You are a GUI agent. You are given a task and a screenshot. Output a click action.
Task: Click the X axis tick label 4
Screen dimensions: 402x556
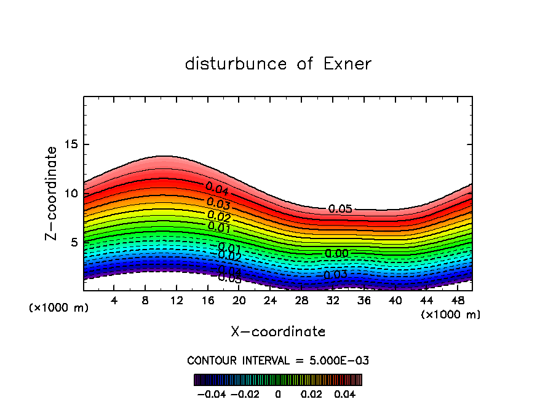114,301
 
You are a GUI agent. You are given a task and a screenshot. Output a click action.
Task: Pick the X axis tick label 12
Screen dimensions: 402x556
177,301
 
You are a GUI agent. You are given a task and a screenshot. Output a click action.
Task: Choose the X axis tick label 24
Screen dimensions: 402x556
270,301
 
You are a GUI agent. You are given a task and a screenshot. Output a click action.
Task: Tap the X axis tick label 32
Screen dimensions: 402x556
332,301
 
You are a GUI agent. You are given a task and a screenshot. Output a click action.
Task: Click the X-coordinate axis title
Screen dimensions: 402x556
278,332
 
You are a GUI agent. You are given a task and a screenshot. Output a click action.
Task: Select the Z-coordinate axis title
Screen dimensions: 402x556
52,193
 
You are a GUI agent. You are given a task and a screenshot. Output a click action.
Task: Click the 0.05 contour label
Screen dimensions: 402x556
340,209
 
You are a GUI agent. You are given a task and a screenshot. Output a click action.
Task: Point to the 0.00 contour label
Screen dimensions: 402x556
336,253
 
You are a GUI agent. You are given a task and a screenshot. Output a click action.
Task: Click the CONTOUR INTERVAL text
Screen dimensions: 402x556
278,360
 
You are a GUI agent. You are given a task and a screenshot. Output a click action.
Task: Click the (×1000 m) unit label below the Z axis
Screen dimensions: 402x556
59,308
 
